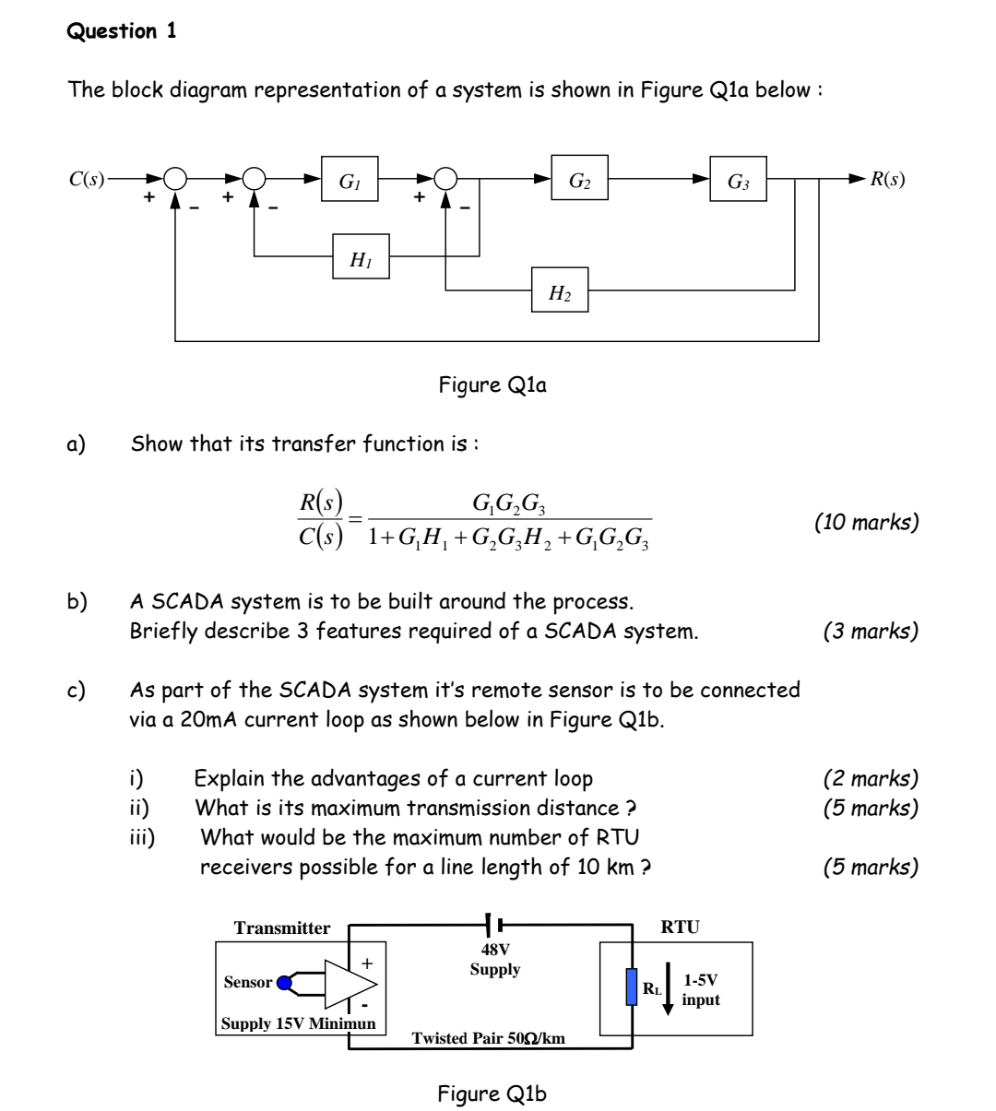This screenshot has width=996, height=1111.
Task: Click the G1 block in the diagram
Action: (350, 179)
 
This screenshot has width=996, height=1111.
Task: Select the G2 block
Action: (579, 178)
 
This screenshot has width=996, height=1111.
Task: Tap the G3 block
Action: (738, 179)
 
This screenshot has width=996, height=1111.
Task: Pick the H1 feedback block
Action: (361, 256)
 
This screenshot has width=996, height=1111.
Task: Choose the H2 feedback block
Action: (560, 290)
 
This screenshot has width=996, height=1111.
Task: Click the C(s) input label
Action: (87, 179)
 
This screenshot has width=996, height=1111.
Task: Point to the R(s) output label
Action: (887, 179)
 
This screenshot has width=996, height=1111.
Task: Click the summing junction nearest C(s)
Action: (175, 179)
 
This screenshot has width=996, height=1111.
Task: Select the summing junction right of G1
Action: (446, 179)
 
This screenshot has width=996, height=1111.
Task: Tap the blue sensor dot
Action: (284, 983)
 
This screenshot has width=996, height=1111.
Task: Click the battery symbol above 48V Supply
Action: (493, 925)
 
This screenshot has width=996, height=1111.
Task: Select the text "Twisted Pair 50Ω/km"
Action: (488, 1038)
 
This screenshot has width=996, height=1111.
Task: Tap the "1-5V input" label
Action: (700, 989)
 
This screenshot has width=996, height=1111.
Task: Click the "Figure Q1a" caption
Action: (492, 385)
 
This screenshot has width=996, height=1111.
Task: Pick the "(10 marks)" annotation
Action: (866, 522)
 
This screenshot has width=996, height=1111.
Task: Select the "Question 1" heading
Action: (121, 30)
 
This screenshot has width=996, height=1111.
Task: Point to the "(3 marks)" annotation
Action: (871, 631)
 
